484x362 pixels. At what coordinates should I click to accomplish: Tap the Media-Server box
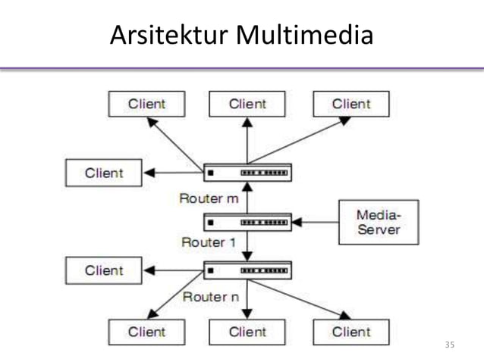[x=378, y=222]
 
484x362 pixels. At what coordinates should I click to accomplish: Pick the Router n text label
[x=210, y=296]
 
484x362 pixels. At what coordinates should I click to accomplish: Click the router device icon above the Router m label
[x=247, y=173]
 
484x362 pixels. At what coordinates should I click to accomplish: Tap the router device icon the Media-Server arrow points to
[x=247, y=222]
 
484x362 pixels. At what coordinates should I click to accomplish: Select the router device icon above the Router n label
[x=247, y=270]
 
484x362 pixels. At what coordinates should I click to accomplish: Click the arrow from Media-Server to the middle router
[x=315, y=222]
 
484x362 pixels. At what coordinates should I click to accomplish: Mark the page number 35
[x=449, y=345]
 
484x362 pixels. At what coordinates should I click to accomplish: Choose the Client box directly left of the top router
[x=103, y=173]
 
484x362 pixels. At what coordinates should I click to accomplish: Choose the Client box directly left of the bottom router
[x=103, y=270]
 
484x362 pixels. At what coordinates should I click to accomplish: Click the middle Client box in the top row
[x=247, y=104]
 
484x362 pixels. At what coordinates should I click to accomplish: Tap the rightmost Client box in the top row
[x=350, y=104]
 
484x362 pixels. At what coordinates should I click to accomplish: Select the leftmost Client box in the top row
[x=146, y=104]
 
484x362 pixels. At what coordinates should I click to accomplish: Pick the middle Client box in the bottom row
[x=247, y=332]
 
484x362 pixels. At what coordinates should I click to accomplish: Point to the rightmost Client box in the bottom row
[x=350, y=332]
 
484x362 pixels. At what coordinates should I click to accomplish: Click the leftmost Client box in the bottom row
[x=146, y=332]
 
